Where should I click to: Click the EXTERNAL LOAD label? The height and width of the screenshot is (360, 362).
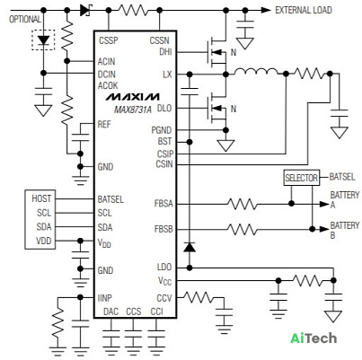[x=304, y=10]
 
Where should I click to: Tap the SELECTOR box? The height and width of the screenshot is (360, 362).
[x=301, y=178]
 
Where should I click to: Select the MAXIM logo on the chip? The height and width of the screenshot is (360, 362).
[x=132, y=97]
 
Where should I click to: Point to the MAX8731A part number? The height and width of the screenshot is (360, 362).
[x=133, y=110]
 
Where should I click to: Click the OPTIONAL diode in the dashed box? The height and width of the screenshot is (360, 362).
[x=44, y=40]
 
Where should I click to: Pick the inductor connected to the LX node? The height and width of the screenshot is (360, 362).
[x=256, y=72]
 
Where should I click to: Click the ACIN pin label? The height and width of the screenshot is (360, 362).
[x=106, y=62]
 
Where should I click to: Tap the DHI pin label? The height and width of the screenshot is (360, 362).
[x=165, y=52]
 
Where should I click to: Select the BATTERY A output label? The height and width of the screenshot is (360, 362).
[x=345, y=200]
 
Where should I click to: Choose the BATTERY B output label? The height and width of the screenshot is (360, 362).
[x=345, y=230]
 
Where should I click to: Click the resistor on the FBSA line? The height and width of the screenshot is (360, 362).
[x=242, y=204]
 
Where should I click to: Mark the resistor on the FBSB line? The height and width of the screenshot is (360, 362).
[x=242, y=230]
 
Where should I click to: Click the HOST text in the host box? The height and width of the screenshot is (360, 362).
[x=41, y=198]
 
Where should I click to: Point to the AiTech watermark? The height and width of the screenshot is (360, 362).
[x=313, y=338]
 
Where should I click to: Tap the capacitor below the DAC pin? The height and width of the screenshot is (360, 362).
[x=110, y=335]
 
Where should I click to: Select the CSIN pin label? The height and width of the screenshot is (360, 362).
[x=164, y=164]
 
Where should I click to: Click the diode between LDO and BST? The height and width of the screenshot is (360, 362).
[x=190, y=247]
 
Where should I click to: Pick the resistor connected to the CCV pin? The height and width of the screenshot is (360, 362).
[x=198, y=297]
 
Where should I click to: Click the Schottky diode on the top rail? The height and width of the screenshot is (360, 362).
[x=85, y=11]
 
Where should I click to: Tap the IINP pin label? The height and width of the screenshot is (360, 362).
[x=105, y=298]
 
